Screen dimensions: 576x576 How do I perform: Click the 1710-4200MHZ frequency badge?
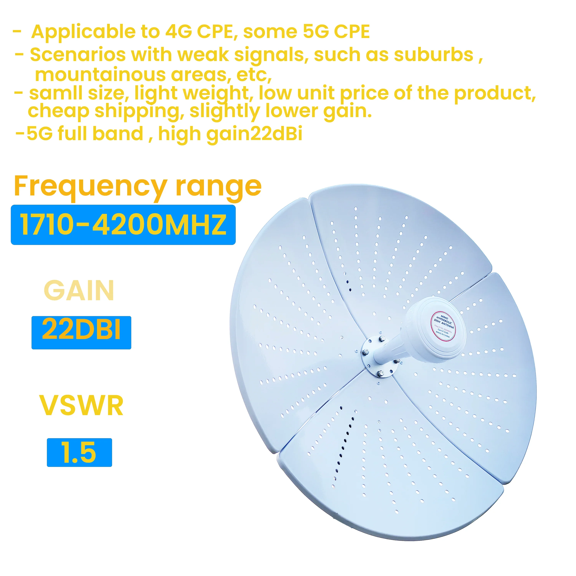pos(123,225)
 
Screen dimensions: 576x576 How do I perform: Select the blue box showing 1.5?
pos(79,452)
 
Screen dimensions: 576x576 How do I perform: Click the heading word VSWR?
pos(81,406)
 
